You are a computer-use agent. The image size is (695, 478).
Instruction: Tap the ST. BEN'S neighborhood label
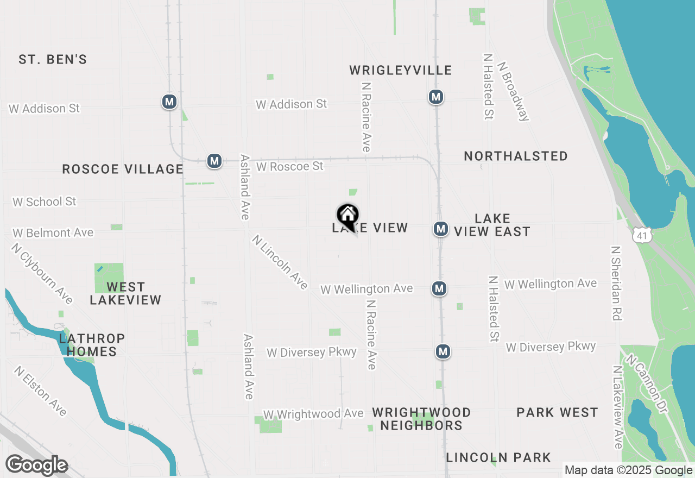click(53, 59)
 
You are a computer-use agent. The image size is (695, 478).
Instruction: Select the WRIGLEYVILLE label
click(401, 70)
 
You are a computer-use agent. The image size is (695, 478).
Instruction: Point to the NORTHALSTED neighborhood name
click(516, 156)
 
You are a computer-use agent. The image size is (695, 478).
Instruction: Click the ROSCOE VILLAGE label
click(123, 169)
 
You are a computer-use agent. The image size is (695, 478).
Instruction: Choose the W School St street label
click(45, 202)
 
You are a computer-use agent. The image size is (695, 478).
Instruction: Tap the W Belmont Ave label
click(53, 232)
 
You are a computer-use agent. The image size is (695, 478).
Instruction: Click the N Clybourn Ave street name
click(42, 273)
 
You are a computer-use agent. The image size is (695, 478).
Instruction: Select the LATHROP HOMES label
click(92, 345)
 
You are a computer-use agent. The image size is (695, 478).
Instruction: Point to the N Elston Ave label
click(41, 391)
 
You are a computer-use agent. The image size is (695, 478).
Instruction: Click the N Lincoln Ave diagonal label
click(280, 262)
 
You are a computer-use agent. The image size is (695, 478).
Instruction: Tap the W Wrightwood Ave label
click(313, 414)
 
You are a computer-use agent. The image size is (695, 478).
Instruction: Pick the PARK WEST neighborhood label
click(557, 412)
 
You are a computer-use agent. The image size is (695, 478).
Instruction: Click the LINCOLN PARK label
click(498, 458)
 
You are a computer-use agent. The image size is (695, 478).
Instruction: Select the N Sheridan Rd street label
click(616, 283)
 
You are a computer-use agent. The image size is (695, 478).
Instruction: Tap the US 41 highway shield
click(641, 234)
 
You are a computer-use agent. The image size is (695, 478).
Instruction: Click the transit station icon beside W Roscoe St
click(214, 161)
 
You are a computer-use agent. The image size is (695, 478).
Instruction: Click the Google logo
click(36, 466)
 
